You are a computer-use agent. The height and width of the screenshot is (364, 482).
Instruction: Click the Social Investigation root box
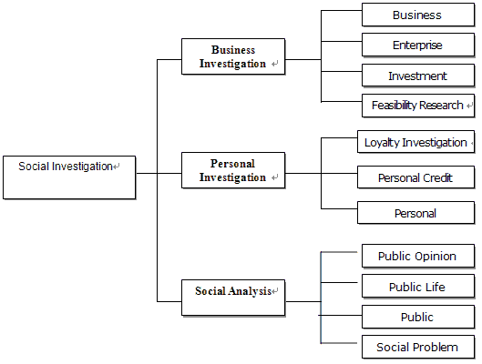click(69, 177)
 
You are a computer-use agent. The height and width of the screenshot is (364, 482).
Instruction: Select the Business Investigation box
click(233, 56)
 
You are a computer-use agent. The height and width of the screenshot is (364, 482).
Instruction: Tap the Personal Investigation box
click(233, 170)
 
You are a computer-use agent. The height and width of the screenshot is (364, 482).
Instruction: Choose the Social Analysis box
click(233, 298)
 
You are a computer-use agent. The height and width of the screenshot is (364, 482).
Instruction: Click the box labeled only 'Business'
click(418, 15)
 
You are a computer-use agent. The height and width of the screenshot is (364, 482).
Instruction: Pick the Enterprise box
click(418, 45)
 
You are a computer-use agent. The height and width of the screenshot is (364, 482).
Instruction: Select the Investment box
click(418, 76)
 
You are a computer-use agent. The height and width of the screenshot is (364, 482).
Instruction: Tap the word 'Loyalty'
click(382, 143)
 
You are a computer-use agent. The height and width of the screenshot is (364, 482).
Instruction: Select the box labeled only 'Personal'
click(415, 213)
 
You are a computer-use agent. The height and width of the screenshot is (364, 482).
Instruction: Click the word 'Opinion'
click(436, 257)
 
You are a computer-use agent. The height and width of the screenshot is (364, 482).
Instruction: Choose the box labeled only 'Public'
click(418, 317)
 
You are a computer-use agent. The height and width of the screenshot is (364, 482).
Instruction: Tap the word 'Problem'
click(437, 347)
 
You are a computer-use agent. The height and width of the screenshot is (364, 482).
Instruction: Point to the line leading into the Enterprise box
click(342, 41)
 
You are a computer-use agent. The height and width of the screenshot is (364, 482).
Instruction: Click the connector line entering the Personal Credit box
click(339, 174)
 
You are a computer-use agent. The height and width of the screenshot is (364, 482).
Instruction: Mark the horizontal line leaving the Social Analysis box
click(303, 301)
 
